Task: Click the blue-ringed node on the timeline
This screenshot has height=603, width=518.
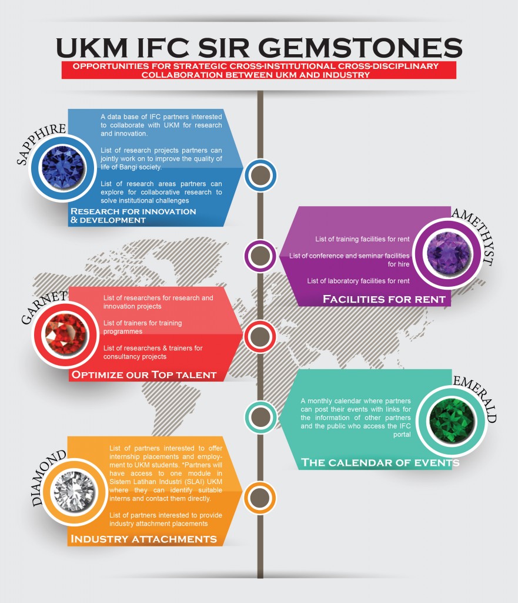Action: tap(260, 175)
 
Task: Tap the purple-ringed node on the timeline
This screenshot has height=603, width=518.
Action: tap(260, 256)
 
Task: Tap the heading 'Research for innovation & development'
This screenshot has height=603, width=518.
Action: tap(133, 216)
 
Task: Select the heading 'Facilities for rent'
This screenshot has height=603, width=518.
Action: tap(384, 299)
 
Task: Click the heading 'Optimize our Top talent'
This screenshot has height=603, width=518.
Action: tap(143, 375)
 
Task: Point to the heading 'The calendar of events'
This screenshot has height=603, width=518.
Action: tap(380, 462)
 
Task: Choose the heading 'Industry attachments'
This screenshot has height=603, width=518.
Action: tap(143, 539)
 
